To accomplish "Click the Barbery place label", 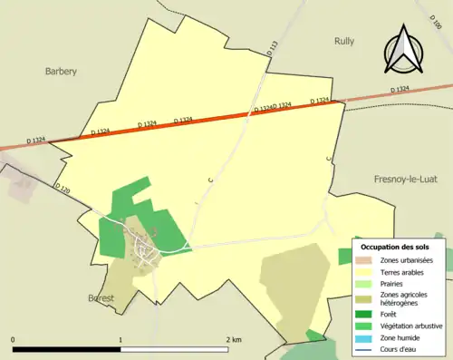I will (62, 71).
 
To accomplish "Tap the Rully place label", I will (343, 41).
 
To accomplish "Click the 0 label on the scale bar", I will (14, 340).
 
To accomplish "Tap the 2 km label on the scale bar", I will (234, 340).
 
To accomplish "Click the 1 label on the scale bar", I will (120, 340).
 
